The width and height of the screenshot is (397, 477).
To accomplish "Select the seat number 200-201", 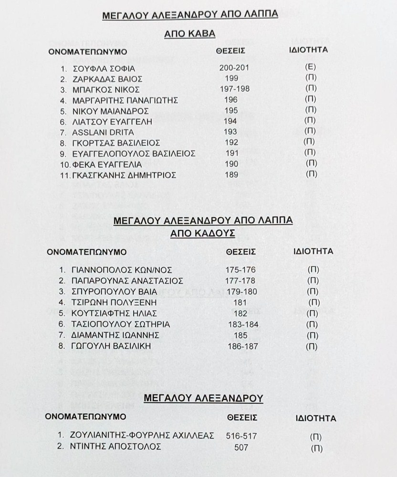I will pyautogui.click(x=234, y=67).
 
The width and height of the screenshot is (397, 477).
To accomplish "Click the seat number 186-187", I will pyautogui.click(x=242, y=346).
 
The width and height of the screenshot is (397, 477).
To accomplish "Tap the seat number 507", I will pyautogui.click(x=241, y=447).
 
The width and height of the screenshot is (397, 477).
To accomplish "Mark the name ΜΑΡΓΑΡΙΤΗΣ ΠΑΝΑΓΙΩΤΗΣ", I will pyautogui.click(x=124, y=100).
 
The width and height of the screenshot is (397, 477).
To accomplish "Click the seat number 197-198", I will pyautogui.click(x=234, y=89).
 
